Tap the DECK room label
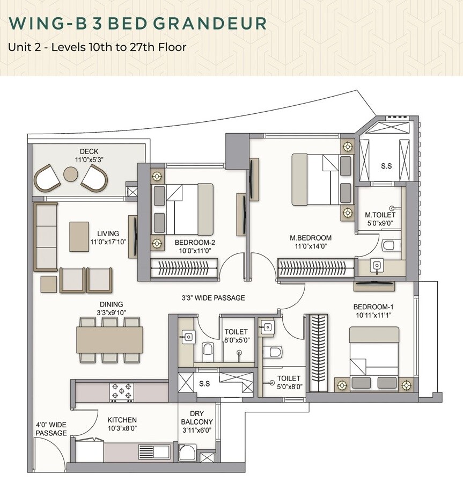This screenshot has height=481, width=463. tap(89, 151)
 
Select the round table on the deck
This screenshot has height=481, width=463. tap(71, 174)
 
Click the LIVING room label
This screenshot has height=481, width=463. tap(108, 234)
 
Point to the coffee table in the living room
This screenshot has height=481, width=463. tap(79, 236)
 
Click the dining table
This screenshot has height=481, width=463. tap(110, 339)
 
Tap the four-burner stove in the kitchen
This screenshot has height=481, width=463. tap(121, 391)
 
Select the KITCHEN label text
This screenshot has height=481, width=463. tap(122, 420)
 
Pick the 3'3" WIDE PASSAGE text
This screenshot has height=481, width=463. tap(213, 298)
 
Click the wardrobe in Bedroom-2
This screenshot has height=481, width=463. tap(184, 267)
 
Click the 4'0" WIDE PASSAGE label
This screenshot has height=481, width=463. tap(52, 428)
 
